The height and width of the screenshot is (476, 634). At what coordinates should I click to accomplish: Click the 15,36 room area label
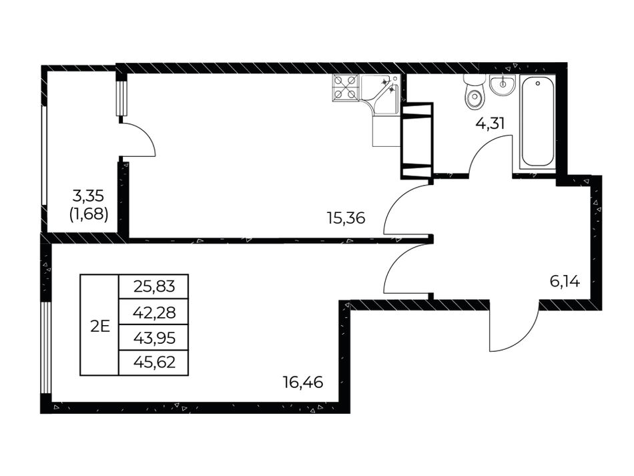[x=346, y=219]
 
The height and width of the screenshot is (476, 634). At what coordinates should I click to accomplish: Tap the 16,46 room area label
[x=303, y=382]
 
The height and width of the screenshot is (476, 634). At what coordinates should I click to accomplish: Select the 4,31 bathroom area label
[x=490, y=123]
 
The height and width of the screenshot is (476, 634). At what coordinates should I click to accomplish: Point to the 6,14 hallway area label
[x=565, y=281]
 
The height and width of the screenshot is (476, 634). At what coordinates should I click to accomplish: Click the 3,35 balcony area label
[x=88, y=196]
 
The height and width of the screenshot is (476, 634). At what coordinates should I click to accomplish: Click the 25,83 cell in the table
[x=154, y=286]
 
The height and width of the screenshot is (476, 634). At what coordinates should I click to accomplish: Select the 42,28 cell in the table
[x=154, y=312]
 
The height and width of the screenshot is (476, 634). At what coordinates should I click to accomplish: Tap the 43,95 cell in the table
[x=154, y=337]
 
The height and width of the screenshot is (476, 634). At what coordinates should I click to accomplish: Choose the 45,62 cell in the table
[x=154, y=363]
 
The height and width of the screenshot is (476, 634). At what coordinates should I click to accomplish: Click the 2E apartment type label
[x=100, y=326]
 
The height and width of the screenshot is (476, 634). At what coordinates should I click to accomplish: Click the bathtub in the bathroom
[x=537, y=122]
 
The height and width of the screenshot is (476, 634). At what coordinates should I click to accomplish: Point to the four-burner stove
[x=345, y=87]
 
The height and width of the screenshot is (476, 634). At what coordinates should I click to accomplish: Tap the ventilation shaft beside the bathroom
[x=417, y=141]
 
